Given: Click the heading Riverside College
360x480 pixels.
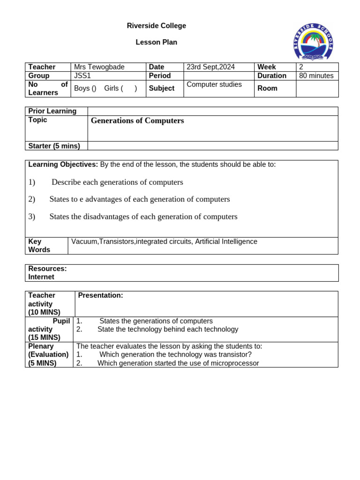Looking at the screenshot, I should (x=156, y=26).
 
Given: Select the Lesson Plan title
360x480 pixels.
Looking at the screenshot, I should (x=156, y=42).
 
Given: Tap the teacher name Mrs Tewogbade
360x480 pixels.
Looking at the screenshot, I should (x=99, y=67).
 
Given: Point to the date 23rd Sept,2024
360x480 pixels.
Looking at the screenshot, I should (x=210, y=67).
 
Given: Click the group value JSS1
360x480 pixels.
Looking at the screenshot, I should (x=82, y=75).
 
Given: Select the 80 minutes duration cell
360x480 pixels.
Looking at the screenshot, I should (x=316, y=75).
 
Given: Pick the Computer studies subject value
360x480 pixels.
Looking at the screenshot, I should (x=214, y=84).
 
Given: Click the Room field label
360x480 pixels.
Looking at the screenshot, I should (x=267, y=88).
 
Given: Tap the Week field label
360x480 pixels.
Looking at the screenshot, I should (x=266, y=67).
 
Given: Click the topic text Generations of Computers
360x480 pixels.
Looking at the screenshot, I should (x=137, y=120).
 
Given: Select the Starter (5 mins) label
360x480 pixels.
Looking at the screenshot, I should (x=54, y=146).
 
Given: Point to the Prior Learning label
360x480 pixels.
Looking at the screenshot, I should (x=52, y=111).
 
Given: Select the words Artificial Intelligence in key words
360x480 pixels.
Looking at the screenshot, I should (x=226, y=241).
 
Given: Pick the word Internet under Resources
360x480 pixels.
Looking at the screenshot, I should (x=41, y=277).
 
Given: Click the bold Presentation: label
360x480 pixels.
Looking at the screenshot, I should (x=100, y=295).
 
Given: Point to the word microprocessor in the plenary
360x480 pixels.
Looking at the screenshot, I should (x=232, y=363).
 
